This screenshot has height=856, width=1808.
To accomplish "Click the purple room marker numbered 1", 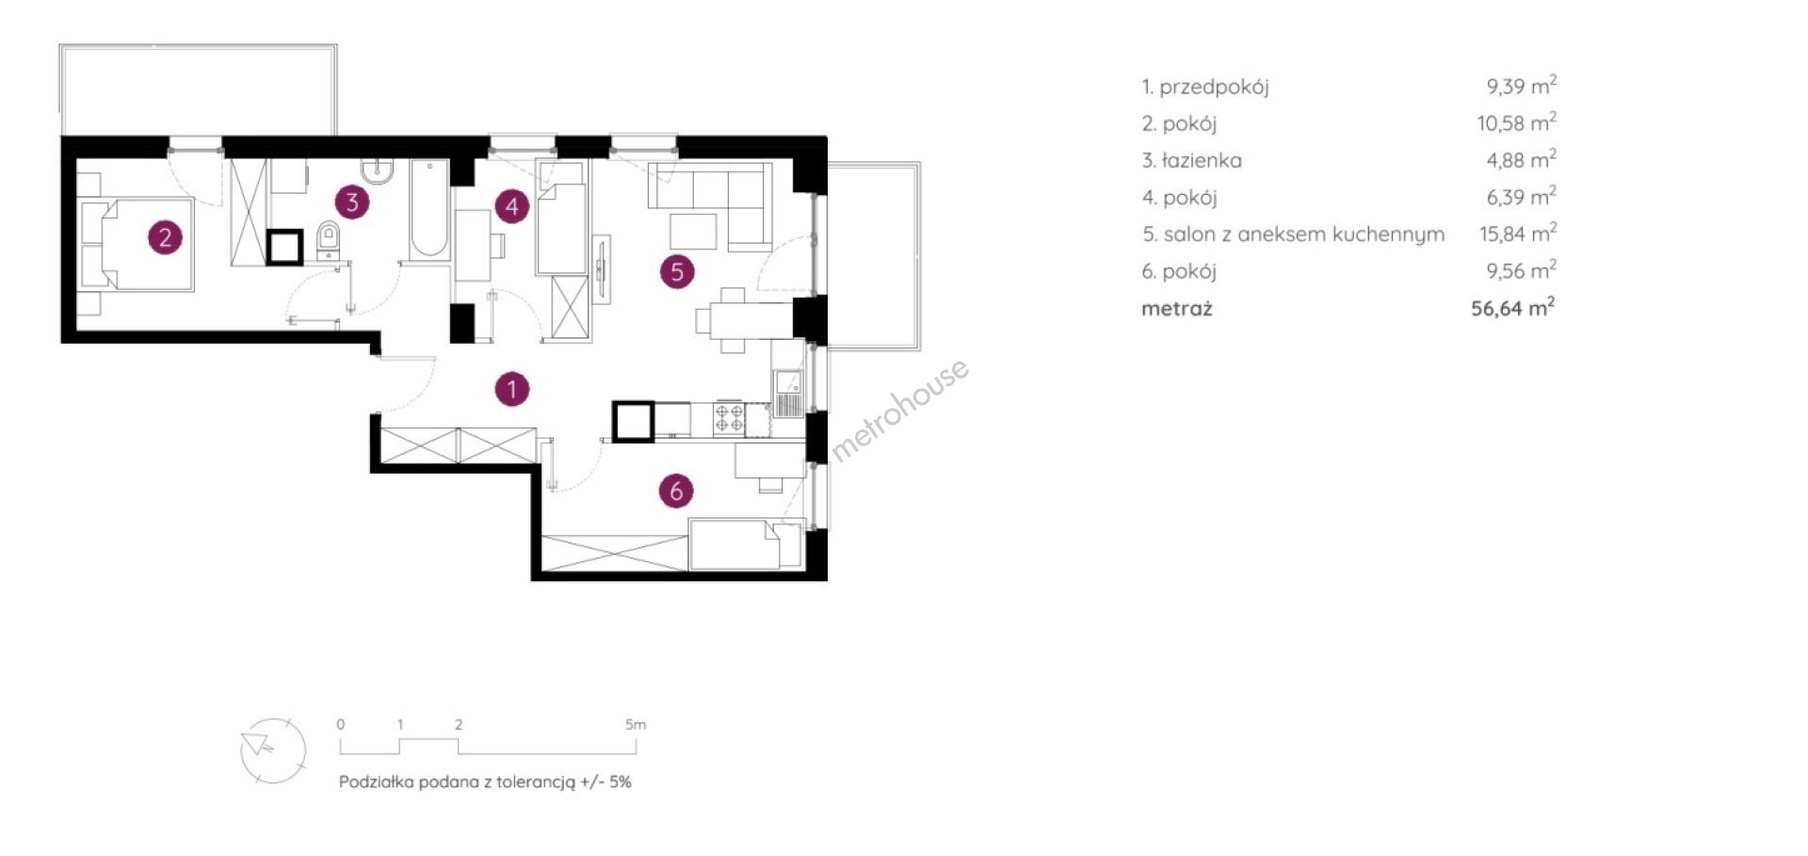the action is point(512,389).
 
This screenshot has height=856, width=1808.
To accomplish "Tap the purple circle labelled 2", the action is point(165,236).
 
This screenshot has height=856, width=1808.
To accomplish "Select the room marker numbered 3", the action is point(352,201).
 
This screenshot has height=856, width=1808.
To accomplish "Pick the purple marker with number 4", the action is point(511,206).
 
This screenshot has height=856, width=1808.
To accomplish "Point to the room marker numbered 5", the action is point(677,272).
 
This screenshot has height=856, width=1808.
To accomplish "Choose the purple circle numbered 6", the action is point(676,491).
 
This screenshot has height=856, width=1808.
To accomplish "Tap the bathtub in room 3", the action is point(429,209).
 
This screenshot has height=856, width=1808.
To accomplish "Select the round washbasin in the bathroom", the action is point(377,170).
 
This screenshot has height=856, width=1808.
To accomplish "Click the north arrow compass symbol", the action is point(273,750).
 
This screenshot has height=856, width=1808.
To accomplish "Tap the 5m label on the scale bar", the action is point(636,725).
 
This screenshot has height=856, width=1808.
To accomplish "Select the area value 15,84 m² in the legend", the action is point(1518,234).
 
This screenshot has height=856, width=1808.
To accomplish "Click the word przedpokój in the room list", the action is point(1214,88).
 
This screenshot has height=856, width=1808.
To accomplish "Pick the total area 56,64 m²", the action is point(1513,308).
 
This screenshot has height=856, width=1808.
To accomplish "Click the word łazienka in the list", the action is point(1202,160).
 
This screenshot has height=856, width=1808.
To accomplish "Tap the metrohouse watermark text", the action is point(899,409).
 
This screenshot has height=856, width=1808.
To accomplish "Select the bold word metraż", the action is point(1177,309).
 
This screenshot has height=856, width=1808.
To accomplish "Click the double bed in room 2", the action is point(137,244).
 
